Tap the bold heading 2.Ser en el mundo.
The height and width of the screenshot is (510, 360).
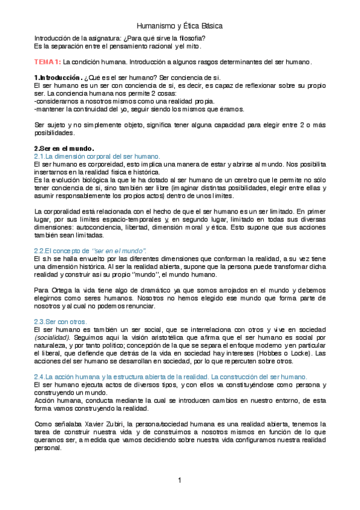coord(64,148)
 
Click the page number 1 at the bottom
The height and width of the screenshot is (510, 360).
coord(179,481)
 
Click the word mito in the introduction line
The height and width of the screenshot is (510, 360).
coord(194,46)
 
